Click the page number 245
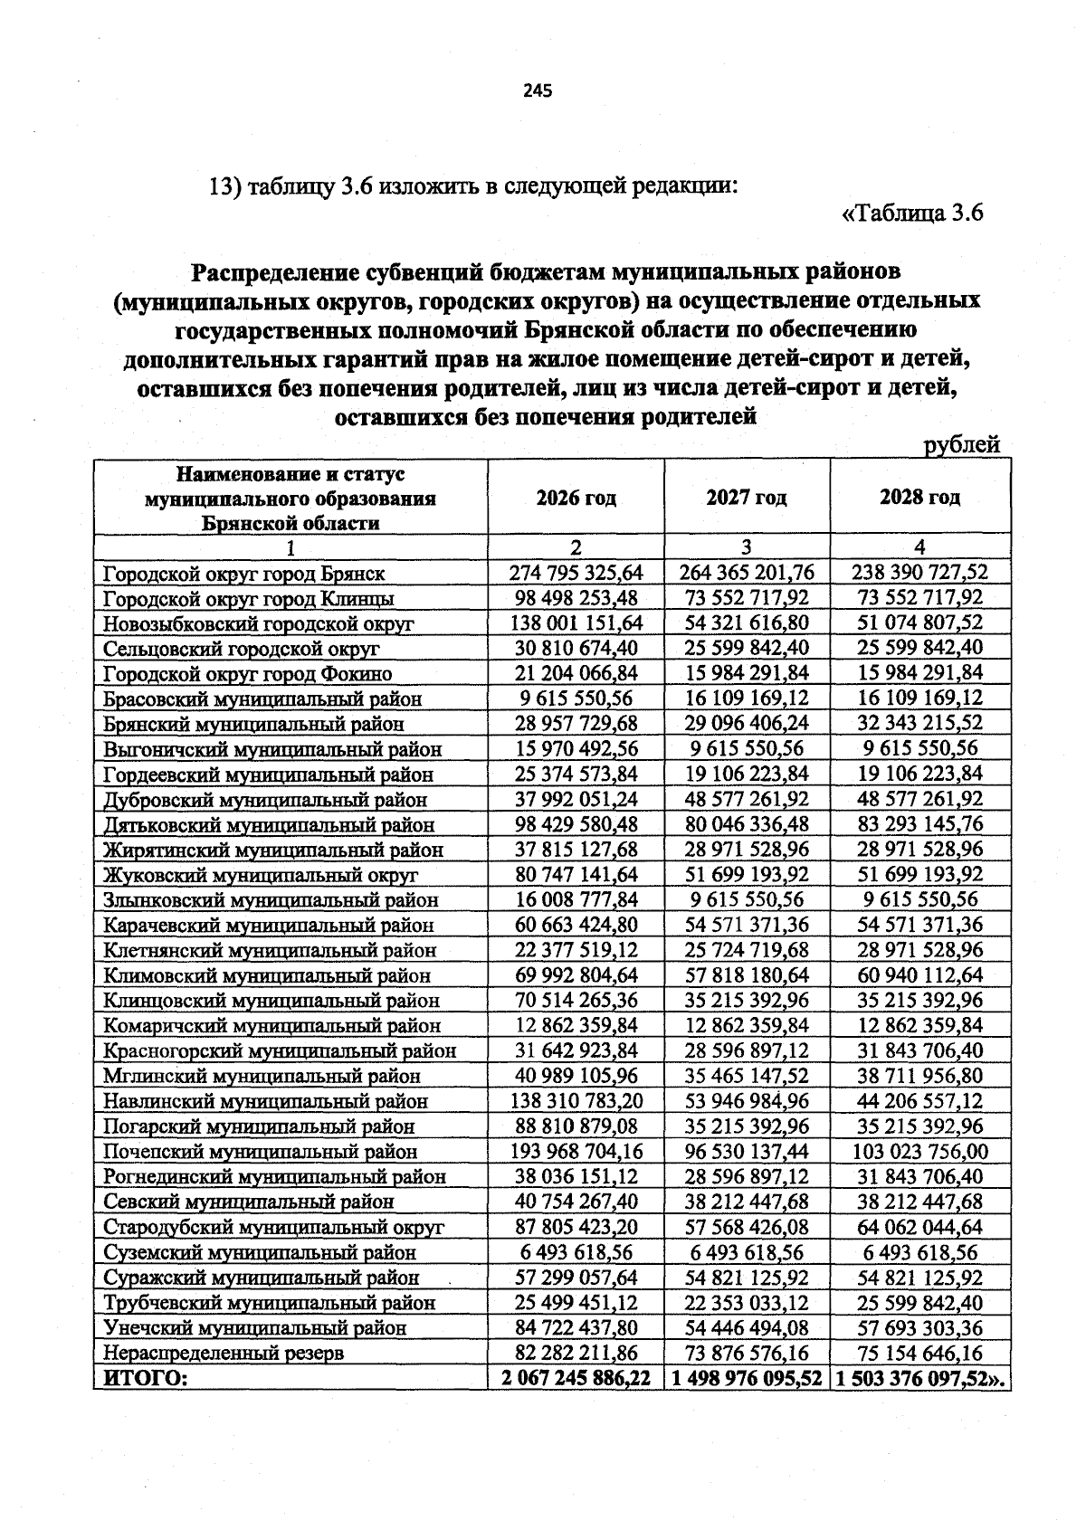[x=537, y=90]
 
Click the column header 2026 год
[x=576, y=498]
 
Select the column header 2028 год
[x=919, y=498]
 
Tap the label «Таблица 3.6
[x=912, y=214]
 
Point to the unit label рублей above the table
[x=961, y=444]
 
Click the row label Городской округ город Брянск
[x=243, y=574]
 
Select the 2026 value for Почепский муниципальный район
[x=576, y=1152]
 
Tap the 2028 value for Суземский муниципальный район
[x=919, y=1252]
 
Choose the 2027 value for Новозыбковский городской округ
[x=747, y=622]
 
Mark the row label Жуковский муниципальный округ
[x=261, y=875]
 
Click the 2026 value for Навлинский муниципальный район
[x=576, y=1101]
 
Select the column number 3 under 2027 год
[x=747, y=547]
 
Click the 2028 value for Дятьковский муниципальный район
[x=919, y=824]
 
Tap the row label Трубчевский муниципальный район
[x=269, y=1303]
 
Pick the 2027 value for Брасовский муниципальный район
[x=747, y=698]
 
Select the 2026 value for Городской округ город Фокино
[x=576, y=673]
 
